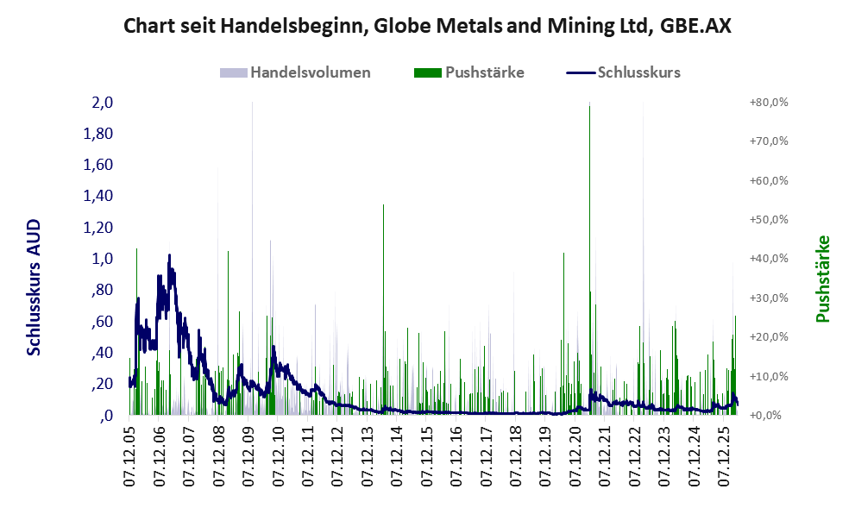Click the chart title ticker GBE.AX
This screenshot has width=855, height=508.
pyautogui.click(x=695, y=26)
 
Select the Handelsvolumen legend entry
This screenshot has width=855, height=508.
pyautogui.click(x=295, y=72)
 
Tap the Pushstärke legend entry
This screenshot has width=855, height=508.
pyautogui.click(x=469, y=72)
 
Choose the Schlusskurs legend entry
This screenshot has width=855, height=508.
pyautogui.click(x=623, y=72)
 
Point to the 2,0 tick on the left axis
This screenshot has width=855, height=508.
pyautogui.click(x=102, y=103)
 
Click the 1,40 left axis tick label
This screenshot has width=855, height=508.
pyautogui.click(x=97, y=197)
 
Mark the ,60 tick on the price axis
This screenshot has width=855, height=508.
pyautogui.click(x=102, y=322)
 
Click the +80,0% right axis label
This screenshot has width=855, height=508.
pyautogui.click(x=770, y=103)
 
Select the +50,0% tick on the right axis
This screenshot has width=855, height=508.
pyautogui.click(x=770, y=220)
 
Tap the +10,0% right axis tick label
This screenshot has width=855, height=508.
pyautogui.click(x=770, y=376)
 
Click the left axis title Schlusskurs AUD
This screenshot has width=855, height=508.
pyautogui.click(x=34, y=287)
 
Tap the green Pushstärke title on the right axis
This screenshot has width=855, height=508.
pyautogui.click(x=822, y=279)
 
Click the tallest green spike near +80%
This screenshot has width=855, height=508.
pyautogui.click(x=589, y=259)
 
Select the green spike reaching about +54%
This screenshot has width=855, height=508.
pyautogui.click(x=383, y=310)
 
